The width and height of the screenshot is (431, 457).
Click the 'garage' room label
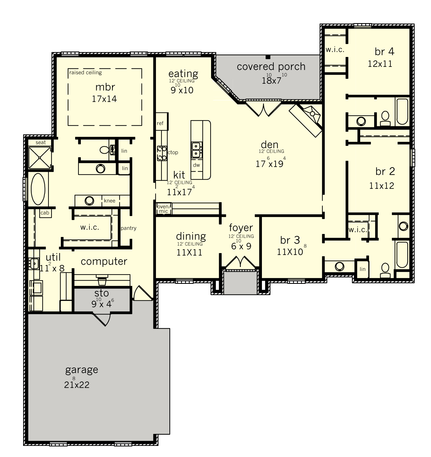pos(82,370)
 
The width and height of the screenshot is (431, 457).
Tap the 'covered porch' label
pos(271,67)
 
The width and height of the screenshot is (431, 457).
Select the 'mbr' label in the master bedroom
pos(105,87)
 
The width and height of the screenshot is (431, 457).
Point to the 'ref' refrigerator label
pos(160,123)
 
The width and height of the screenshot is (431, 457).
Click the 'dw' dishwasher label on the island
pos(197,165)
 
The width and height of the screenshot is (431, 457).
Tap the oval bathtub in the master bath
pos(38,189)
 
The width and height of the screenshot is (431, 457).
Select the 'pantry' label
pos(129,228)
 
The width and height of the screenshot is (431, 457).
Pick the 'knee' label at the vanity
pos(110,201)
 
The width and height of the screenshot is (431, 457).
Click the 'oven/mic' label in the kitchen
pos(163,209)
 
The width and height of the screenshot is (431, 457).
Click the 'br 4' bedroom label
pos(384,52)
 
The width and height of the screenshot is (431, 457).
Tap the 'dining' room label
pos(191,236)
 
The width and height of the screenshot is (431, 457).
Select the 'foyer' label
pos(241,228)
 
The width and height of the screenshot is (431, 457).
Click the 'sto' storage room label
pos(102,293)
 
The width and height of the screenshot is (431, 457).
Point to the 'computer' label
pos(104,262)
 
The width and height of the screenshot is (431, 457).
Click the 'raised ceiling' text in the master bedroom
pos(85,72)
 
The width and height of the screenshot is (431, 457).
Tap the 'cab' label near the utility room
pos(45,213)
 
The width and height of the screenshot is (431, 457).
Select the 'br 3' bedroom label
pos(290,240)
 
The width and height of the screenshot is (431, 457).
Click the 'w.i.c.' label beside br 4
pos(335,50)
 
